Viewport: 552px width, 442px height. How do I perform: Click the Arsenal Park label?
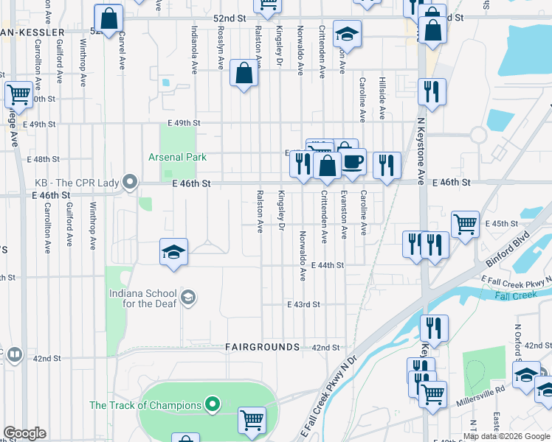(177, 157)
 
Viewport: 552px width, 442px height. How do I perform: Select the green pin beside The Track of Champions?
(213, 404)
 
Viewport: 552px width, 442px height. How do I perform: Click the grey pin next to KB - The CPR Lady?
(131, 182)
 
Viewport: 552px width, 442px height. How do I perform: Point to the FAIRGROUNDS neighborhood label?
(262, 346)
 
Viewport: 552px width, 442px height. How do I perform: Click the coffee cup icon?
(353, 161)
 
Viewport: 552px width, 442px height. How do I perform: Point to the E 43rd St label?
(303, 304)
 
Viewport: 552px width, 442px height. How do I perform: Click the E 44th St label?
(328, 265)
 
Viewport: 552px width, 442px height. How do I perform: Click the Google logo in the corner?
(24, 433)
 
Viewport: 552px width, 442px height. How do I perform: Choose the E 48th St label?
(42, 159)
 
